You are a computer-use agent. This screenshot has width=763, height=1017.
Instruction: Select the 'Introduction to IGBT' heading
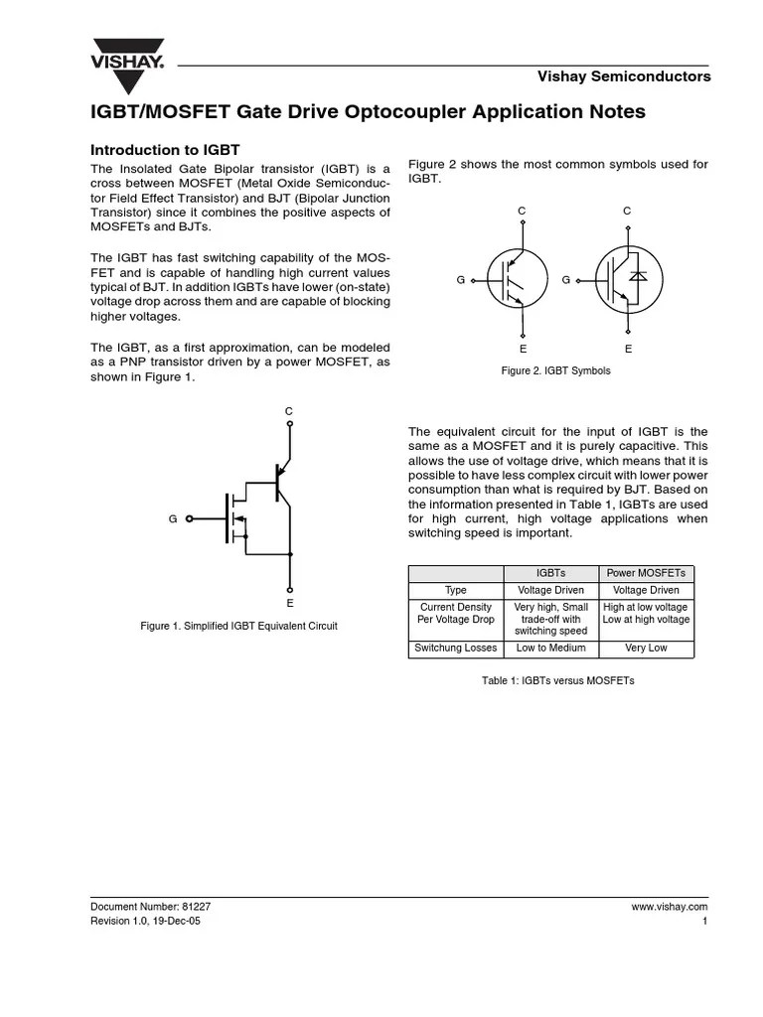(166, 150)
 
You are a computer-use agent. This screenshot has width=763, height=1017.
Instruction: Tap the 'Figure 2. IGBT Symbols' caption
(556, 370)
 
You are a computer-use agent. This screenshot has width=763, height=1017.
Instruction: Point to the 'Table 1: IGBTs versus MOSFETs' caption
(557, 681)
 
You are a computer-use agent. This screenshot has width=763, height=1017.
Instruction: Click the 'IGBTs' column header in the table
(550, 573)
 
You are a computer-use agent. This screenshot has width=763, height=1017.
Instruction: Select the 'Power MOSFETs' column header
(646, 573)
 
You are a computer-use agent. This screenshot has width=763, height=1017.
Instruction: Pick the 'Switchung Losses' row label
(456, 649)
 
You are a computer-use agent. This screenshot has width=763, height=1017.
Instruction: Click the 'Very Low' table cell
(646, 649)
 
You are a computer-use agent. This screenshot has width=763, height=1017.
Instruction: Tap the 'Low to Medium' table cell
(550, 649)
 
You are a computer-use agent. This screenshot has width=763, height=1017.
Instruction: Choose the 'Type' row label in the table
(456, 590)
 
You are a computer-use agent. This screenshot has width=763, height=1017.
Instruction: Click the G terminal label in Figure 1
(173, 518)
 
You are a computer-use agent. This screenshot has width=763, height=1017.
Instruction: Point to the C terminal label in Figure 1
(289, 410)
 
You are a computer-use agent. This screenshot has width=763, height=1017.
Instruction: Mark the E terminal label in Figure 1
(289, 603)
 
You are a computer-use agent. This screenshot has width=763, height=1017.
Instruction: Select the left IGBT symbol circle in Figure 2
(518, 280)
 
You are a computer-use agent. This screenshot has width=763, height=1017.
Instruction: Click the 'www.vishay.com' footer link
(669, 907)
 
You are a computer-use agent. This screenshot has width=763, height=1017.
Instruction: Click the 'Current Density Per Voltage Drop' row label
(456, 613)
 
